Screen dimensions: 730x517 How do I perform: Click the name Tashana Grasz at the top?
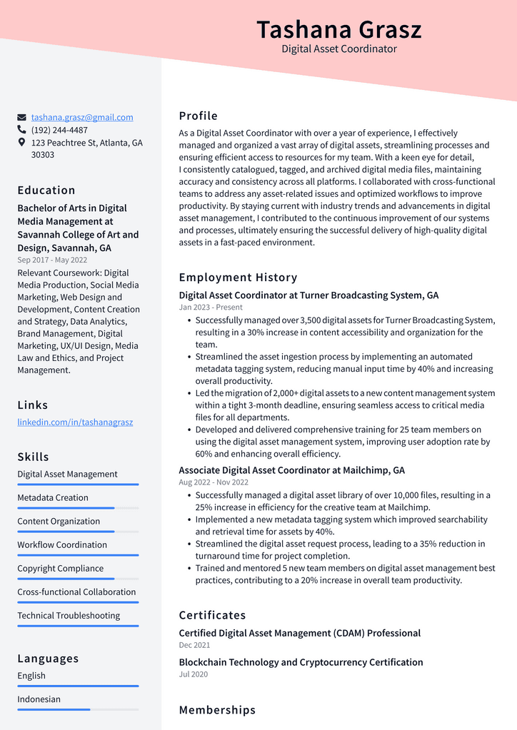[x=338, y=30]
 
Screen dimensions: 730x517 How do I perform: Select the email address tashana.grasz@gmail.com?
[x=82, y=117]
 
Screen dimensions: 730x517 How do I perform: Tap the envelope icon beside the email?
[x=22, y=117]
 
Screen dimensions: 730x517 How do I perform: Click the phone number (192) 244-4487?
[x=59, y=130]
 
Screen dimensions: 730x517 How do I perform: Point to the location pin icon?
[x=22, y=143]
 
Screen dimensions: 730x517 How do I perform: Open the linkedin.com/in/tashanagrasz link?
[x=75, y=422]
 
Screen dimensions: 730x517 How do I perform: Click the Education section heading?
[x=46, y=190]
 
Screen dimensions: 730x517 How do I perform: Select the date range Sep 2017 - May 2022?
[x=52, y=260]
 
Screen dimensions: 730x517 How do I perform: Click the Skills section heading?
[x=33, y=457]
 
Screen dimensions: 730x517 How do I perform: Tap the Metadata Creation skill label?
[x=53, y=497]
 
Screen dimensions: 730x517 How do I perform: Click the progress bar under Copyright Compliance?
[x=78, y=579]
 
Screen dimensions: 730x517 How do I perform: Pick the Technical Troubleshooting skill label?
[x=69, y=615]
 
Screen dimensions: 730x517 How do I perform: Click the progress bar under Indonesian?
[x=78, y=709]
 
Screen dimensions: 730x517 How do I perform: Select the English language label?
[x=31, y=675]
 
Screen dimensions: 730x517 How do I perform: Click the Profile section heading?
[x=198, y=116]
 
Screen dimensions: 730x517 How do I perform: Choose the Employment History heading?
[x=238, y=277]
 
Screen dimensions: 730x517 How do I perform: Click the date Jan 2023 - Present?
[x=211, y=307]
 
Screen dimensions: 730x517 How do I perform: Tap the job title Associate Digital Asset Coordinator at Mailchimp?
[x=291, y=470]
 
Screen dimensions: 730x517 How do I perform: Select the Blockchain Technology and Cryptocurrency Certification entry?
[x=301, y=662]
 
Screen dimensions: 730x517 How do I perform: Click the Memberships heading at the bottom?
[x=217, y=709]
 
